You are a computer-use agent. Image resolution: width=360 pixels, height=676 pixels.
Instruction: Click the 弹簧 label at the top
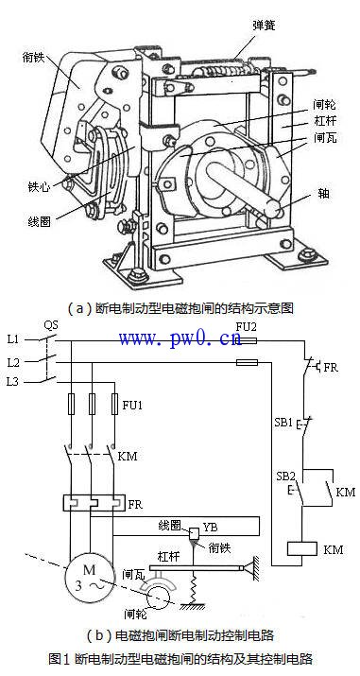coord(264,25)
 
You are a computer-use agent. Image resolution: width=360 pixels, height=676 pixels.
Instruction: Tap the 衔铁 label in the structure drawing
coord(33,57)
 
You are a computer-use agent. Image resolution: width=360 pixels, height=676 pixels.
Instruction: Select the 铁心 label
coord(39,187)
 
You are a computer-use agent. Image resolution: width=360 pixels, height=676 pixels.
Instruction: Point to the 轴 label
coord(324,194)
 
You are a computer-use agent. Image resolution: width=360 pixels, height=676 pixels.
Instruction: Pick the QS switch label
coord(51,324)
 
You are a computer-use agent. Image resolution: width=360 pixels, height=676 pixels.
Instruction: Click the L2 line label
coord(13,362)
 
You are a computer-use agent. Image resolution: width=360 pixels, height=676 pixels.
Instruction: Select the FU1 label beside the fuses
coord(132,406)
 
